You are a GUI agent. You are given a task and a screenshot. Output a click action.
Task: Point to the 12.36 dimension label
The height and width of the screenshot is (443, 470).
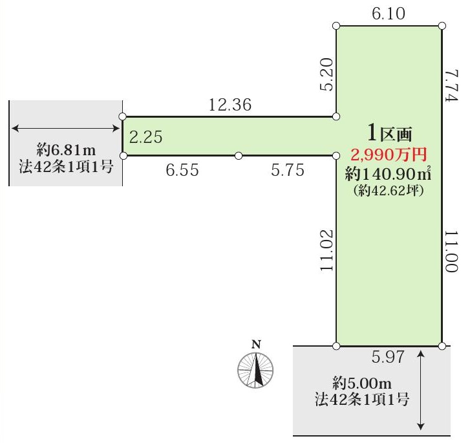pos(230,104)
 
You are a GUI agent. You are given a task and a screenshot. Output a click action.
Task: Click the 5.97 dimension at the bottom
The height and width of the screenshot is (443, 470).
pos(387,356)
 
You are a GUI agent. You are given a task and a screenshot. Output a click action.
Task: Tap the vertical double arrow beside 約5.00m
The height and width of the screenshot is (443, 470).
pos(422,389)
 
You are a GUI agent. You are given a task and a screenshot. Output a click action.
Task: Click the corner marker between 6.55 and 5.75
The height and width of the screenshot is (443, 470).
pos(239,156)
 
